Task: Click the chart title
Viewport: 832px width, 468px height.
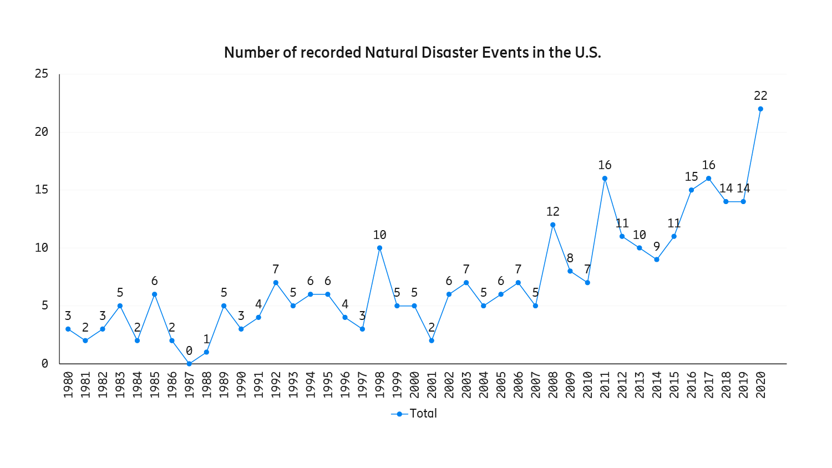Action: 412,53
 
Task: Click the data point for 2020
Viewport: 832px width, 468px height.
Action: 760,109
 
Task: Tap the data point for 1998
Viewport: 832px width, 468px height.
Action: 379,248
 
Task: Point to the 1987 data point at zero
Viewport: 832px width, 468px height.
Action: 189,364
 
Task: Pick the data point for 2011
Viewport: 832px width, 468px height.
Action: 605,179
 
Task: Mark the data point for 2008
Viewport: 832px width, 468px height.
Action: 552,225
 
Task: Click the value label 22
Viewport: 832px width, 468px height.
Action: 760,96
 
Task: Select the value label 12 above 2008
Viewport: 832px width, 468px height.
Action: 552,212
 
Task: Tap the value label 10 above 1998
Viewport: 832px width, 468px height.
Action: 379,235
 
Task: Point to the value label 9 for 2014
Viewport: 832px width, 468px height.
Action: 657,247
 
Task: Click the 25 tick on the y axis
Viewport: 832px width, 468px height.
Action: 42,74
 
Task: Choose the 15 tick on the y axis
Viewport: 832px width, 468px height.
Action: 42,190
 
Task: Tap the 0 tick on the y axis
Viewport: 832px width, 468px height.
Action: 45,364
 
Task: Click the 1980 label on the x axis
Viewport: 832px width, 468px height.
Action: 68,385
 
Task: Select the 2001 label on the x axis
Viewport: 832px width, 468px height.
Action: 432,385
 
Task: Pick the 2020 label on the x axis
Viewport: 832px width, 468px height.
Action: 760,385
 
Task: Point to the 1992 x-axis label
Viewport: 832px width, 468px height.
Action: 276,385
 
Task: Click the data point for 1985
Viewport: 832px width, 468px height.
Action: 155,294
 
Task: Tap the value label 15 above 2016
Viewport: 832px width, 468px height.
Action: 691,177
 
